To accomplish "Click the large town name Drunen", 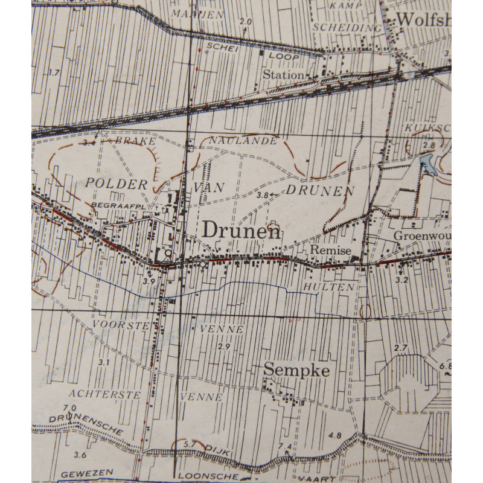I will (241, 230).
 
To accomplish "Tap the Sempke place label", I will (296, 370).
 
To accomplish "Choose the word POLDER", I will (117, 184).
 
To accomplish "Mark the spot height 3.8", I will (262, 194).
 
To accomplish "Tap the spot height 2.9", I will (224, 346).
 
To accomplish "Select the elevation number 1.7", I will (54, 72).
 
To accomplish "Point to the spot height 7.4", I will (285, 446).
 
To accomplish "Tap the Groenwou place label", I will (422, 235).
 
